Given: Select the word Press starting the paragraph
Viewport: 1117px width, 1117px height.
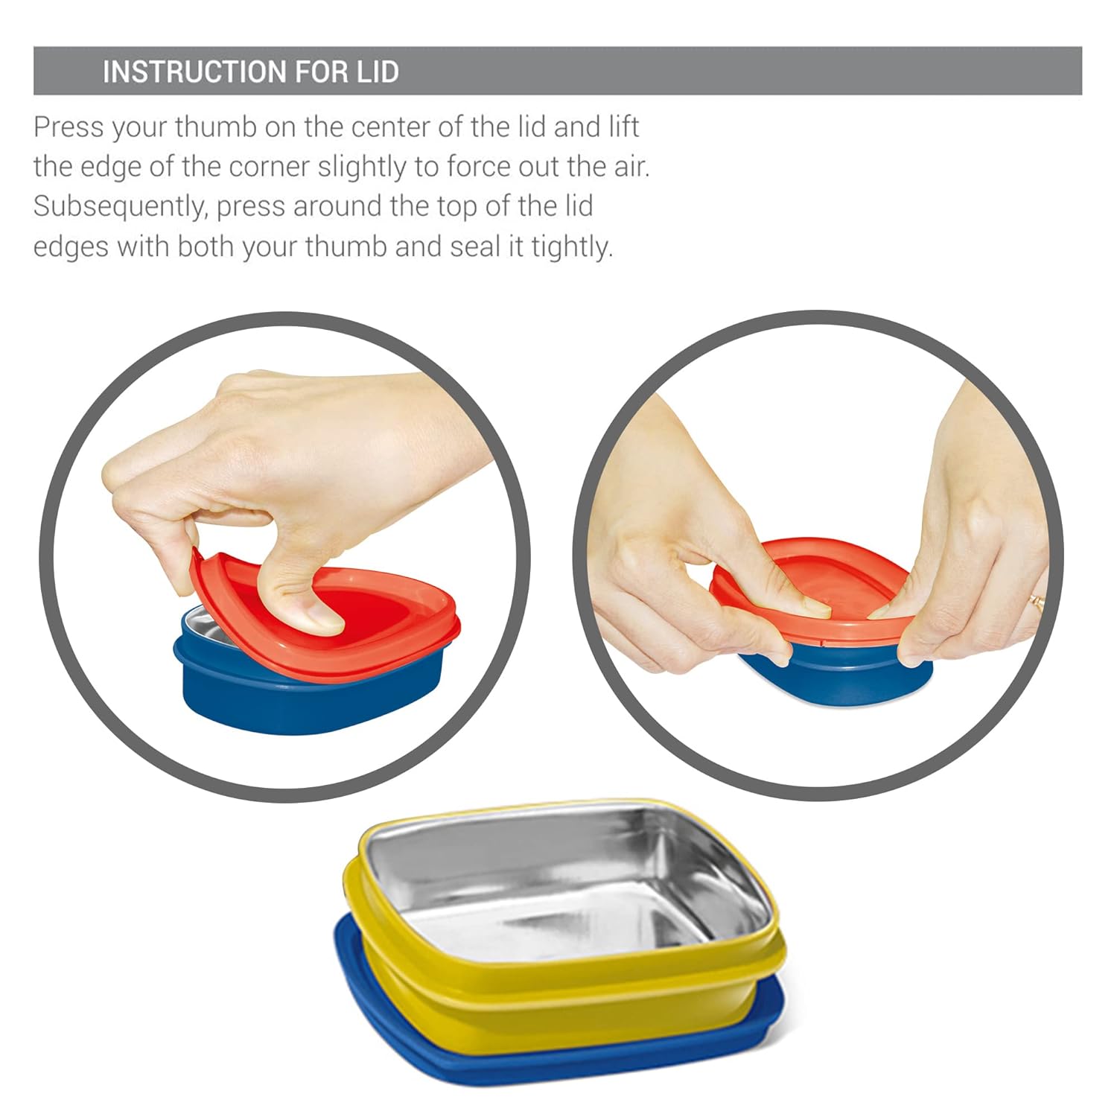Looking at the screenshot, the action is [x=69, y=127].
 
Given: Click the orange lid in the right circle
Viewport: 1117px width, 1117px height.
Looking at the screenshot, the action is [x=812, y=588].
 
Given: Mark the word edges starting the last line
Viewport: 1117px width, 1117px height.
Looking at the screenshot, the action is [x=71, y=247].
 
